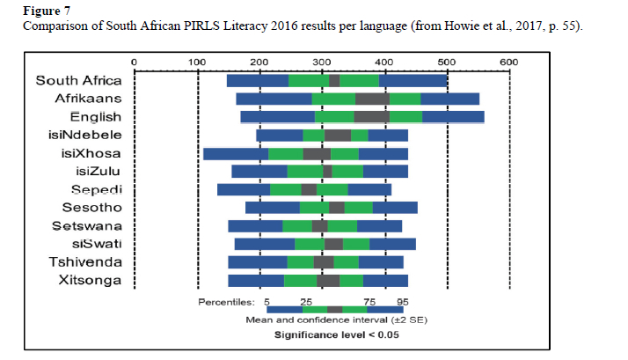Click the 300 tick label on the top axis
(321, 62)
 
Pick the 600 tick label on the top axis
(508, 62)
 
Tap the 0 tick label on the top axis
(133, 62)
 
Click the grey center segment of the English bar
(371, 116)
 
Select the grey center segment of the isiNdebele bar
(338, 135)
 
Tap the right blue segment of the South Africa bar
(413, 81)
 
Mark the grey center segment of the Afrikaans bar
(371, 99)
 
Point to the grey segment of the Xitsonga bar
(328, 281)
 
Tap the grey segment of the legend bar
(334, 309)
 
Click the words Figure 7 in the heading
(40, 11)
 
